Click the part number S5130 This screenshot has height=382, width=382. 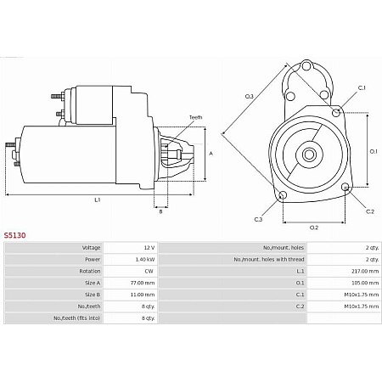pyautogui.click(x=14, y=235)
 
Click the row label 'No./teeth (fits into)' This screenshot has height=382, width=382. pyautogui.click(x=78, y=317)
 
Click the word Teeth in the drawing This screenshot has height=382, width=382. pyautogui.click(x=195, y=117)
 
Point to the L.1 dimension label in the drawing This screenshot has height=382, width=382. pyautogui.click(x=98, y=200)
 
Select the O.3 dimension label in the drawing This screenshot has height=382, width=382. pyautogui.click(x=250, y=97)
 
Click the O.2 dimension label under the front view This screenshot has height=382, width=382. pyautogui.click(x=313, y=227)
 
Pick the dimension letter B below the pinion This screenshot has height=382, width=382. pyautogui.click(x=161, y=211)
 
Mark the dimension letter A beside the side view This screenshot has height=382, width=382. pyautogui.click(x=210, y=153)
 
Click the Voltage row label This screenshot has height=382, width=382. pyautogui.click(x=91, y=247)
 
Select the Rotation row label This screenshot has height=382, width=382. pyautogui.click(x=90, y=271)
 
